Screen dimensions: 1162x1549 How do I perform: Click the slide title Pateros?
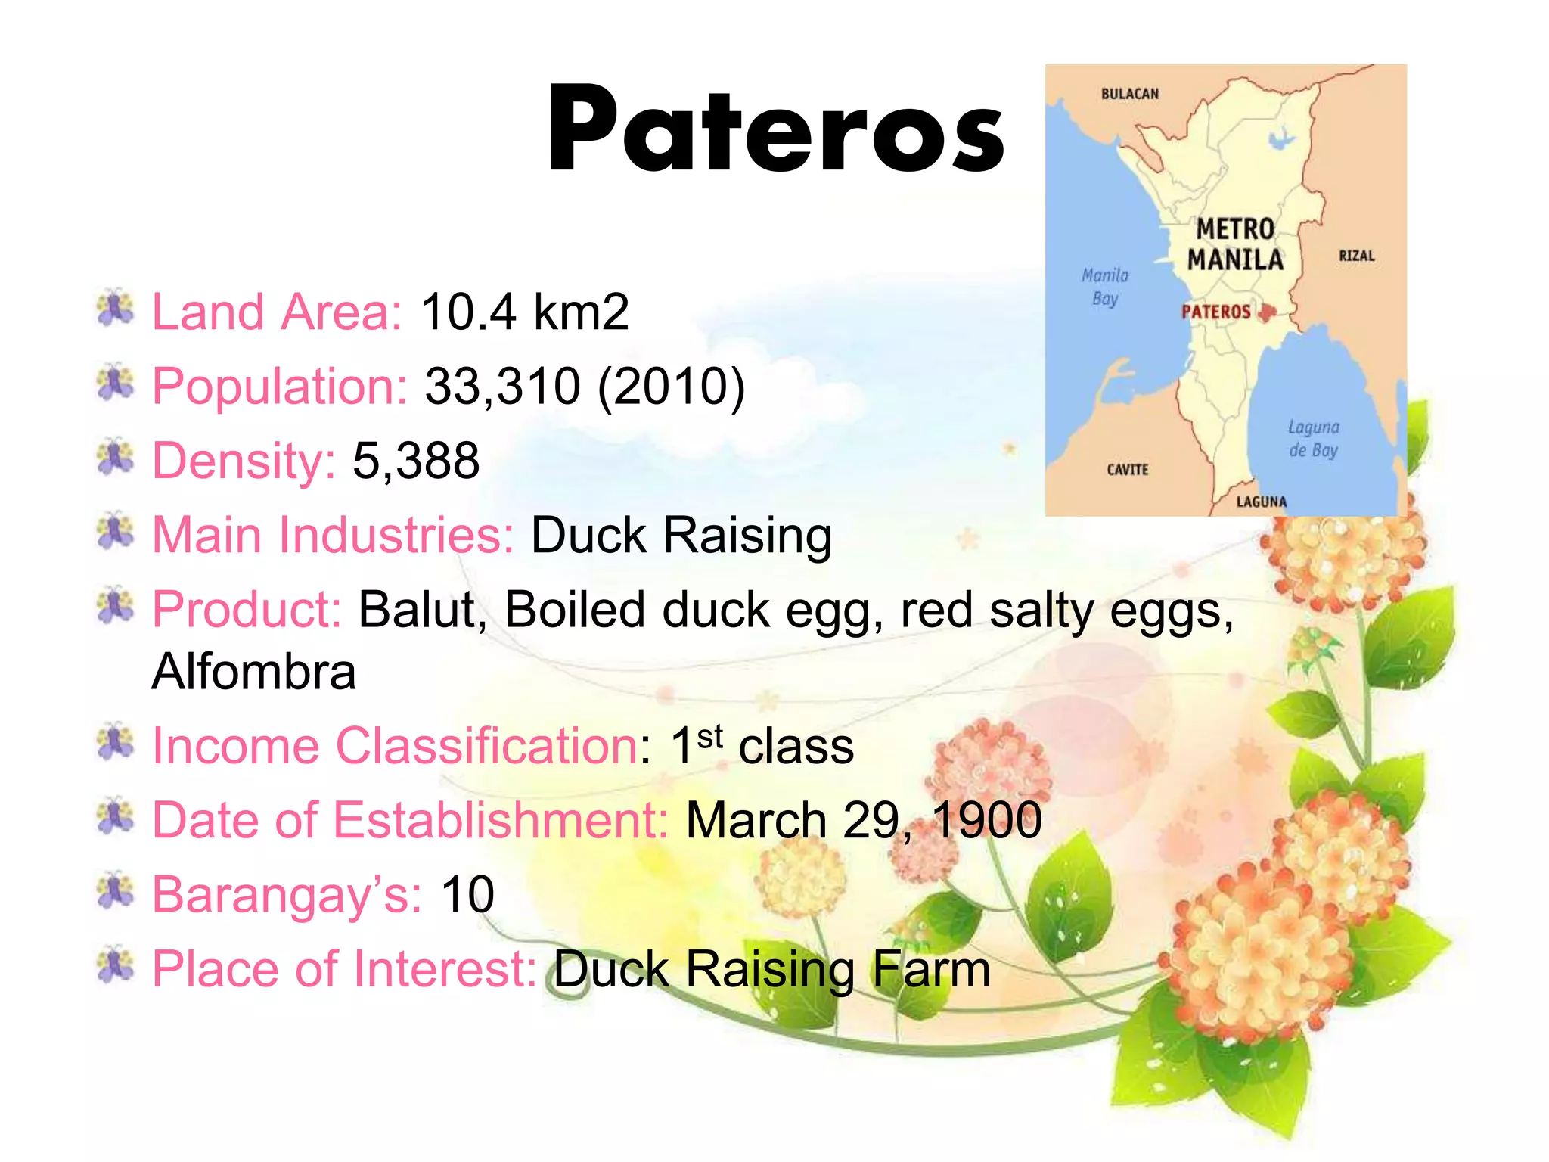(x=775, y=130)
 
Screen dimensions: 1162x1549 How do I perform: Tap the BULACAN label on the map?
(x=1129, y=94)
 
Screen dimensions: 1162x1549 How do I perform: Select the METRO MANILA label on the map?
(x=1235, y=244)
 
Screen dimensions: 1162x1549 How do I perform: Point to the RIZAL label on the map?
(x=1356, y=256)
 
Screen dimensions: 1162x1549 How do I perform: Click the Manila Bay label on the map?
(x=1105, y=287)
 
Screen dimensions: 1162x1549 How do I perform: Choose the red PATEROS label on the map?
(x=1215, y=312)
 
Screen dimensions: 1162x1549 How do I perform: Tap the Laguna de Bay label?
(x=1313, y=439)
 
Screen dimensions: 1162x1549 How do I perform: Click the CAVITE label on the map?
(x=1127, y=470)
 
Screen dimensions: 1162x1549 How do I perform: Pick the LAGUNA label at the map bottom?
(x=1261, y=502)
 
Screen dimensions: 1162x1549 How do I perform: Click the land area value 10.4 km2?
(x=524, y=312)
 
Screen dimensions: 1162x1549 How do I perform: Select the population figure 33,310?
(x=502, y=386)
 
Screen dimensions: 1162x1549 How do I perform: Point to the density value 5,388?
(x=416, y=460)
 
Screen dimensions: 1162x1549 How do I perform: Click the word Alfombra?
(x=253, y=672)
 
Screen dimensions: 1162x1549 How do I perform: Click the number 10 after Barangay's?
(x=467, y=894)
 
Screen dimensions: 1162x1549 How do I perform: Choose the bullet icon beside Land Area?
(x=115, y=309)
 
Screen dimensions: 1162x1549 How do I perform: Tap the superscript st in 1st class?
(x=709, y=735)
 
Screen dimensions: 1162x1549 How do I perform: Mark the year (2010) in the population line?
(x=671, y=386)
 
